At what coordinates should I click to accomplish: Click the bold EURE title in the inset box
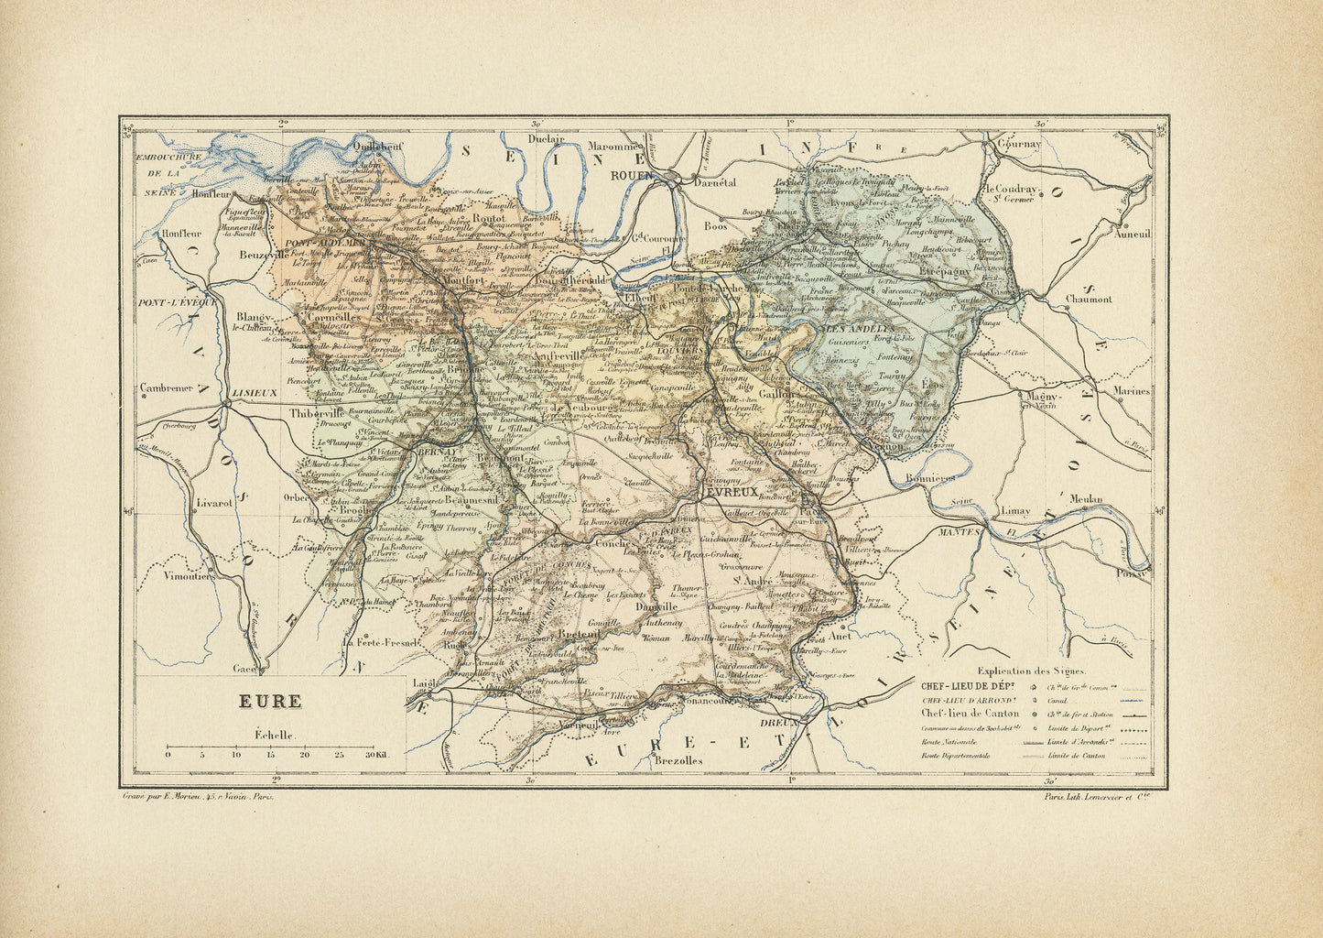(270, 702)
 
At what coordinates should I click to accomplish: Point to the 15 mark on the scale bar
(270, 755)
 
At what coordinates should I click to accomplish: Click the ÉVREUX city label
(730, 492)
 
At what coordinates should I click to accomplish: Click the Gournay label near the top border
(1019, 145)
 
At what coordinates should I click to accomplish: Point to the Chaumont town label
(1089, 299)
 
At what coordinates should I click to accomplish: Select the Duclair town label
(545, 140)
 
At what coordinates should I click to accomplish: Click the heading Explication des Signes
(1017, 671)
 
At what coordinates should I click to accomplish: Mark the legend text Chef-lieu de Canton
(970, 714)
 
